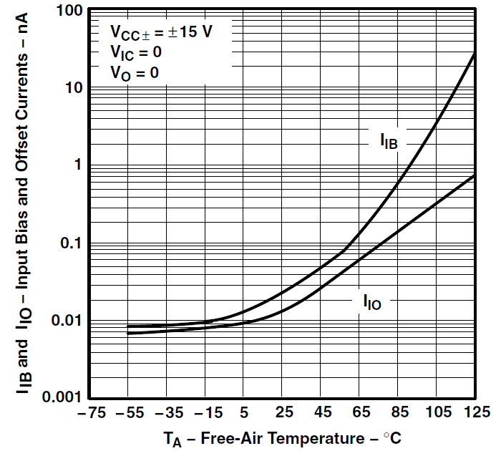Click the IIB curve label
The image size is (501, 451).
389,140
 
